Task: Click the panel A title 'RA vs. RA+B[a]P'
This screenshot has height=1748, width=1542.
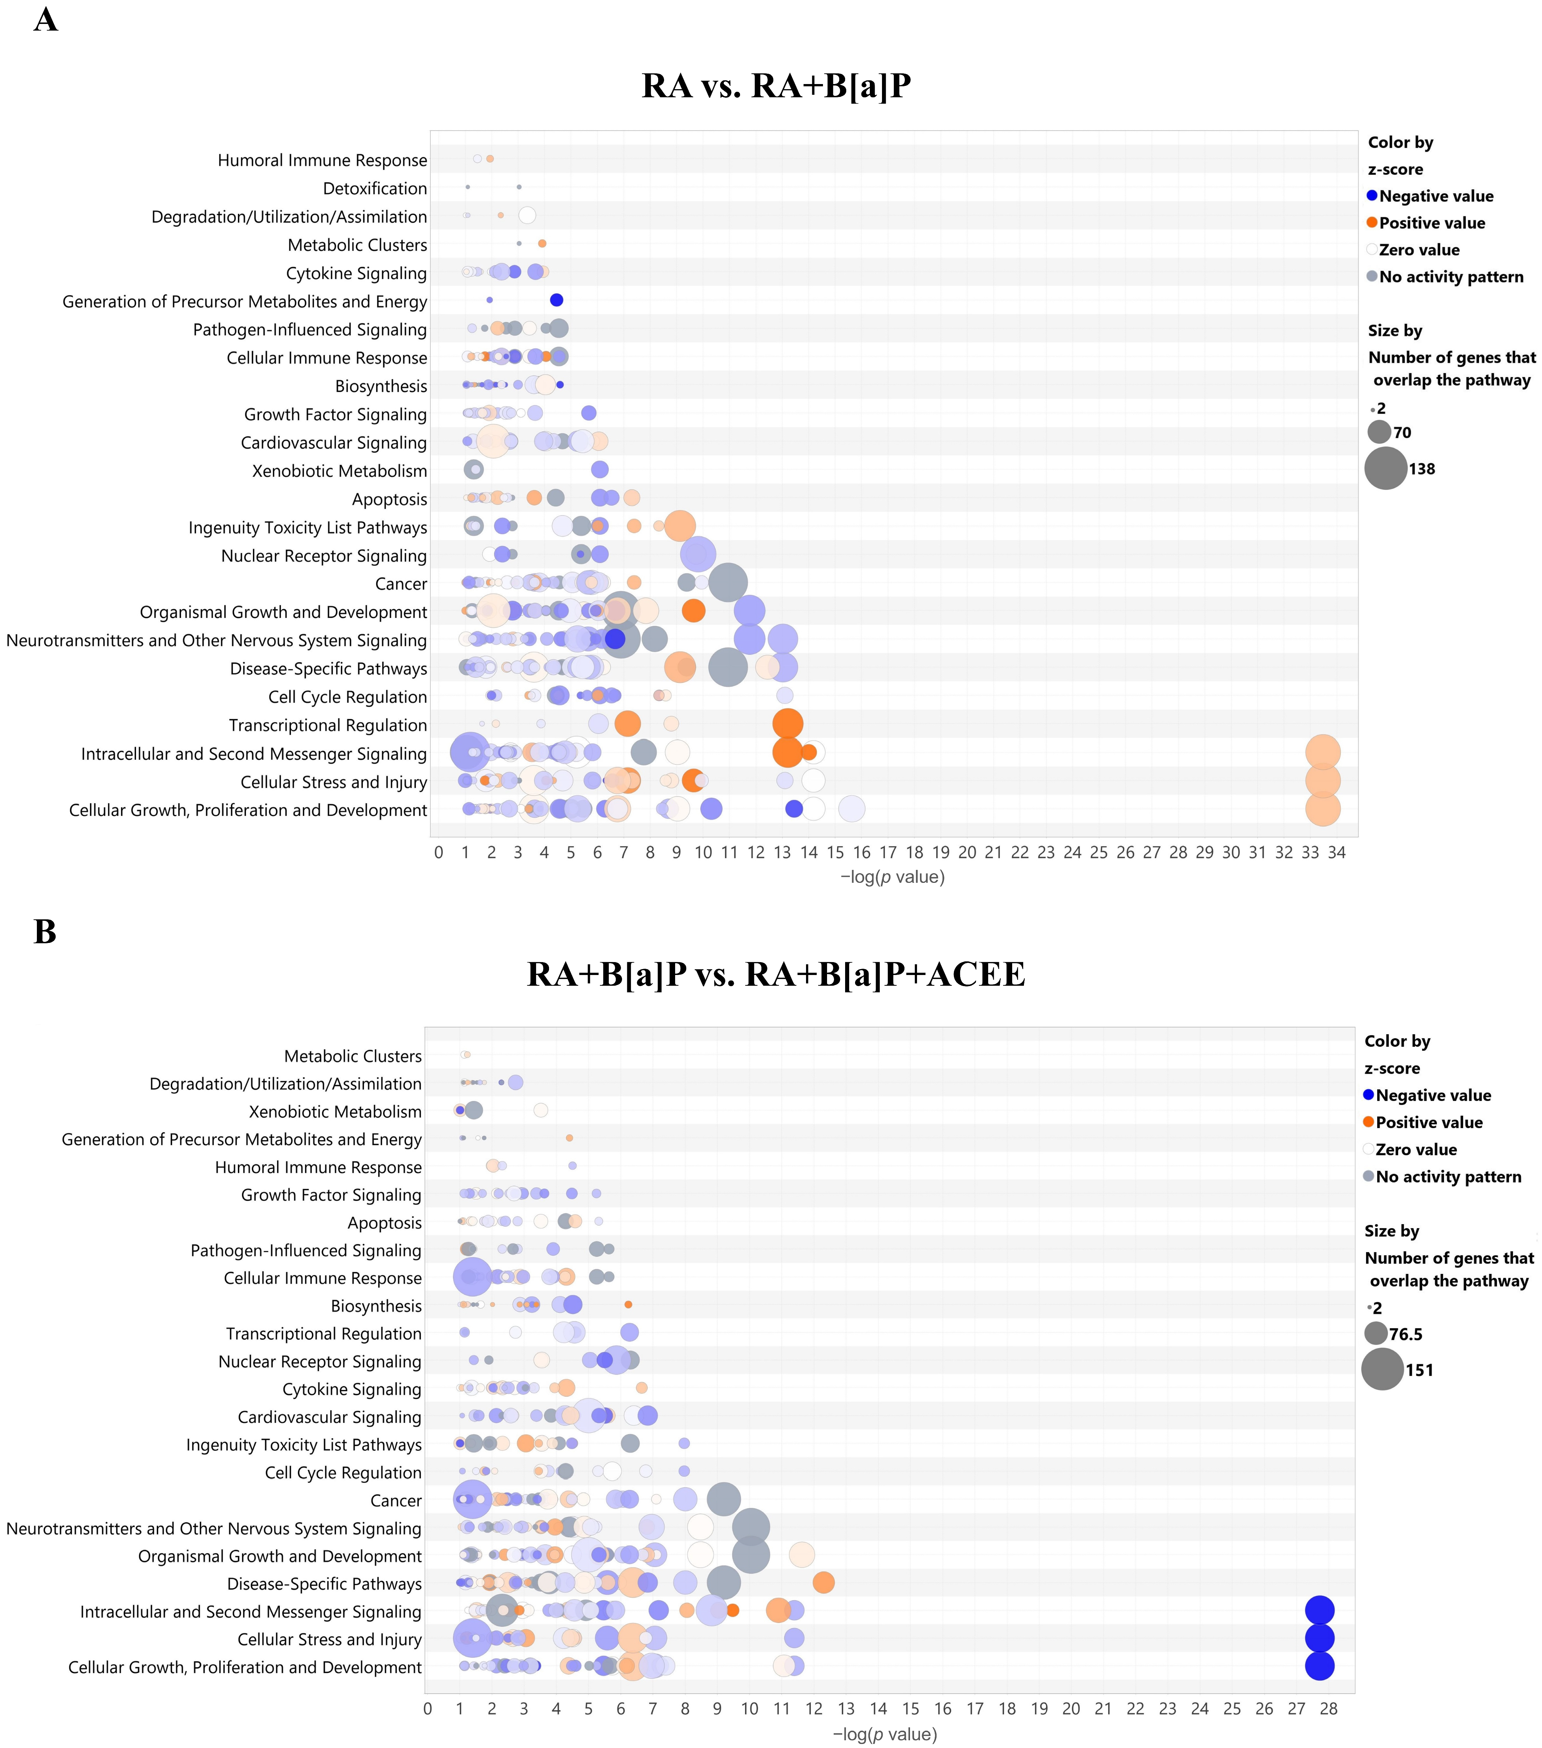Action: click(776, 86)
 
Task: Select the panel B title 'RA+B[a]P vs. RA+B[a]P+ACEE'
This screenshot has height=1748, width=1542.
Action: click(776, 974)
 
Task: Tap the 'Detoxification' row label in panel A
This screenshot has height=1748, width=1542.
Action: click(375, 188)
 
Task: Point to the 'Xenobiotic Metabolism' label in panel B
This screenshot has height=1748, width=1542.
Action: click(335, 1112)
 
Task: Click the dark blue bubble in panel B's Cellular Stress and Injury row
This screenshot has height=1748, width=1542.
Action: click(1320, 1639)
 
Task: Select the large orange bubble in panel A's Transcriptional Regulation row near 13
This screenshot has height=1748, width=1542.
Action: click(788, 724)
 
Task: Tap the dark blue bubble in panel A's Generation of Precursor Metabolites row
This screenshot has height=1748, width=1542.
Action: click(556, 300)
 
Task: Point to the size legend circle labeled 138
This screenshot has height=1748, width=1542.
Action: click(1386, 469)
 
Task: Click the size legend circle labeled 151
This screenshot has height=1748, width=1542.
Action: click(1382, 1369)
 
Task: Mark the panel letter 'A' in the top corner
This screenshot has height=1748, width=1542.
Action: click(45, 20)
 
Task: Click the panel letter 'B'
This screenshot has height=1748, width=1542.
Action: click(45, 931)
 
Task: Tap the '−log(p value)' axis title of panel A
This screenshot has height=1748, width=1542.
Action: click(892, 877)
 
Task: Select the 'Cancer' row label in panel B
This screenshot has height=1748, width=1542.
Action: click(396, 1501)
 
